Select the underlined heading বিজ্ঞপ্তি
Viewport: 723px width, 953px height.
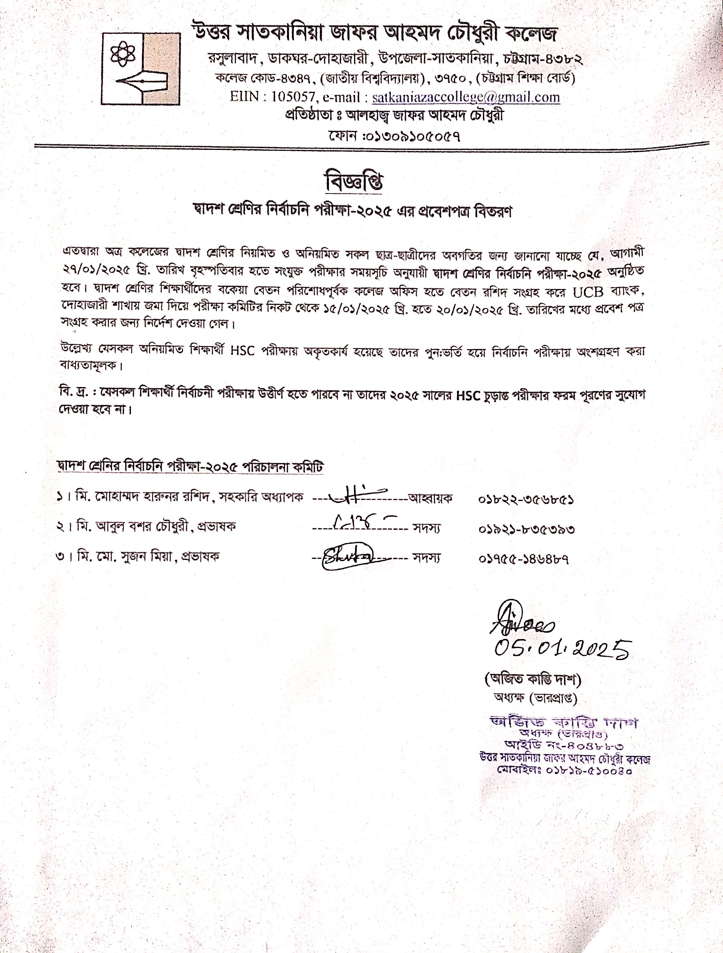(x=354, y=182)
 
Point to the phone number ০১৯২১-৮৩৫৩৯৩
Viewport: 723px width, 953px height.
(x=526, y=529)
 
